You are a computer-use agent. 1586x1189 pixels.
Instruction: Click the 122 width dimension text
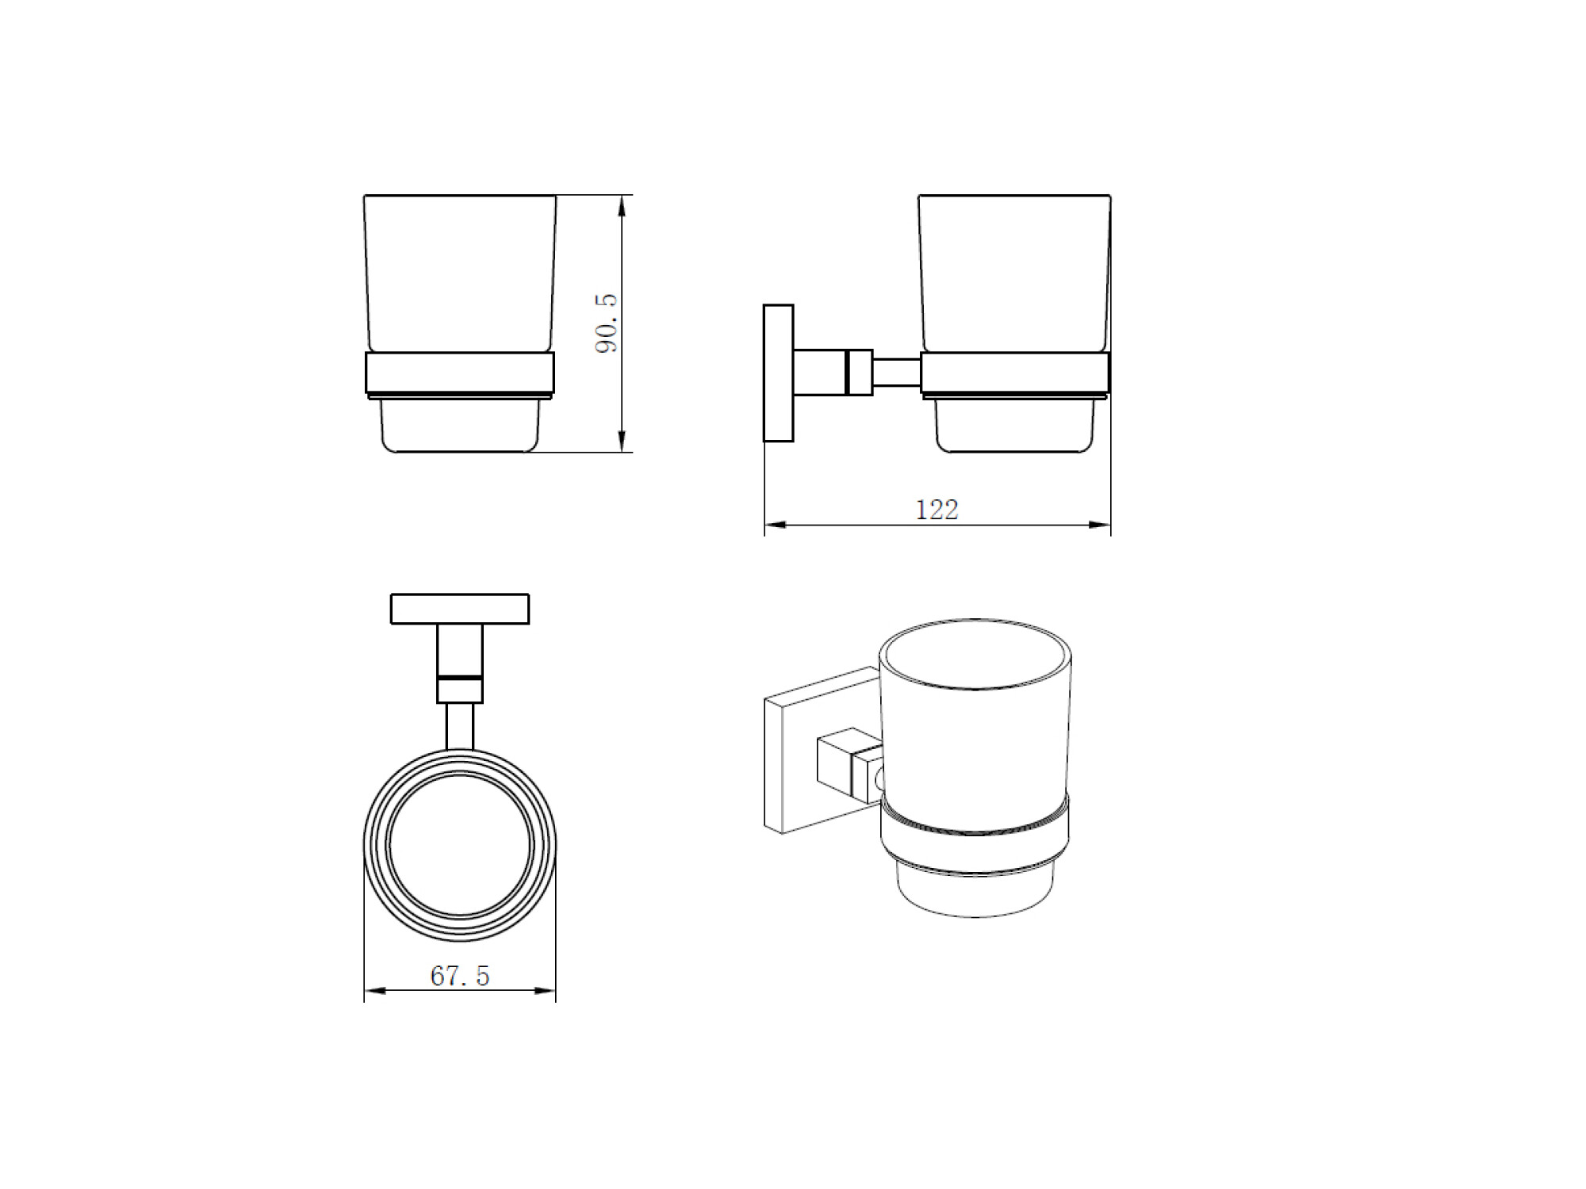(x=937, y=509)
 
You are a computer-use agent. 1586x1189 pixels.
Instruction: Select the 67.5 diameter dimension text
(x=460, y=976)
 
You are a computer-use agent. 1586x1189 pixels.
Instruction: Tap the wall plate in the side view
(x=778, y=373)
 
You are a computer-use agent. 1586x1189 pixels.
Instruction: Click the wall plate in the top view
(x=460, y=609)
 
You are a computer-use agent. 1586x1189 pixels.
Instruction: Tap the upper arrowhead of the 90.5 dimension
(x=621, y=206)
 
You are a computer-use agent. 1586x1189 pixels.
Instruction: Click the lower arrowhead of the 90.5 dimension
(x=621, y=441)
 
